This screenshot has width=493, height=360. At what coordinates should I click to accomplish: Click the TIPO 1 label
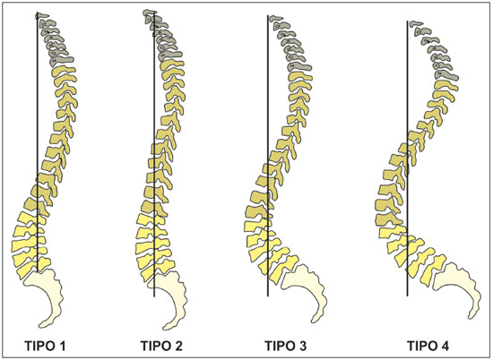pos(46,346)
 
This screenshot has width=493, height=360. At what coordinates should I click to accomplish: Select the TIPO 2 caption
pos(161,346)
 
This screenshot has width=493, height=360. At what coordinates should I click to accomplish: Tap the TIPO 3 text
pos(285,346)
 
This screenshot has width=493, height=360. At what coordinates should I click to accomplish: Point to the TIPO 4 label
pos(428,346)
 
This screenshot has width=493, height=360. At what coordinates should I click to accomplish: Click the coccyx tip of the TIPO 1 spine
pos(41,326)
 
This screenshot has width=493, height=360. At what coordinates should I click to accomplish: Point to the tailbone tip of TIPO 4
pos(471,317)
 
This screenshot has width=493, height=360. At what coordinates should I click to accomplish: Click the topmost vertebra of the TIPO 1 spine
pos(43,15)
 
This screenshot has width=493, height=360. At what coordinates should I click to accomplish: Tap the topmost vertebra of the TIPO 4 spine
pos(417,23)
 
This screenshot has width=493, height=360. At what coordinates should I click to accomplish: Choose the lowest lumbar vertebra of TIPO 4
pos(434,270)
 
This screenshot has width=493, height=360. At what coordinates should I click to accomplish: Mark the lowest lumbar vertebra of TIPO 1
pos(33,268)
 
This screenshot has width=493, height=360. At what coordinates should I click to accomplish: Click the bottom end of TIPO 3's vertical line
pos(268,296)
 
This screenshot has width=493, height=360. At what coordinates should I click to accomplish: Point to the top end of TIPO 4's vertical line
pos(408,21)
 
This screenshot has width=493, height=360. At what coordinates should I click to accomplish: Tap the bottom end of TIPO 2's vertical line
pos(154,296)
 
